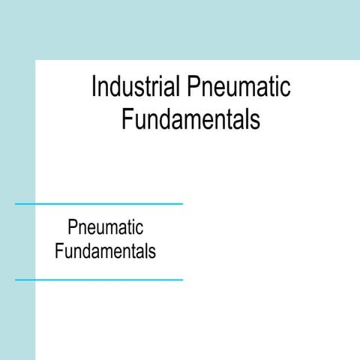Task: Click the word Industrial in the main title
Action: click(x=134, y=87)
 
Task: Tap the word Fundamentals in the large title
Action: click(x=190, y=120)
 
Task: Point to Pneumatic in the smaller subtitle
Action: click(x=105, y=227)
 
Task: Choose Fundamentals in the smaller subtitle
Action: click(x=105, y=250)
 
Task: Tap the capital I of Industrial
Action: click(x=94, y=87)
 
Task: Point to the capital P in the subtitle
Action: click(x=72, y=227)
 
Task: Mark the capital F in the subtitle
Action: click(x=59, y=250)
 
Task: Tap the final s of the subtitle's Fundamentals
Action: click(x=152, y=252)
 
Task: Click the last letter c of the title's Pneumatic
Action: click(x=286, y=89)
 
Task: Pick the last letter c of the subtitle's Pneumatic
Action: click(x=139, y=229)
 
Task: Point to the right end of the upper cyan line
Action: click(x=181, y=203)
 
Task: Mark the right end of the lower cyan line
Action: click(x=181, y=280)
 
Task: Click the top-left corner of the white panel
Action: click(x=36, y=61)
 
